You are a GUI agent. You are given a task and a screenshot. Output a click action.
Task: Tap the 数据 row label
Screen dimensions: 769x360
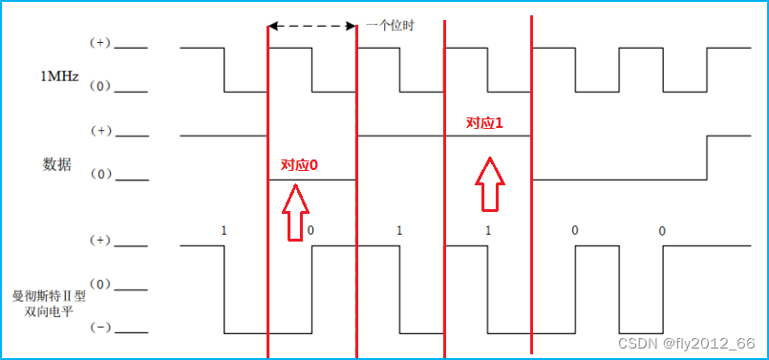pos(57,163)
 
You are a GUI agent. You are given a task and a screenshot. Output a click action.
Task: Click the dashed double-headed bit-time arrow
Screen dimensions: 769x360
pos(311,26)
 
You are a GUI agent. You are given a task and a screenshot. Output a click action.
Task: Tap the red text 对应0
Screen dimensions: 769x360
pos(299,165)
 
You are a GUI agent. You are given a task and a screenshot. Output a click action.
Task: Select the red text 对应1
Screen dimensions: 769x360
pos(483,123)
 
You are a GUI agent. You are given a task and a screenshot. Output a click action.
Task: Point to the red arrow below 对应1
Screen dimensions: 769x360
pos(489,181)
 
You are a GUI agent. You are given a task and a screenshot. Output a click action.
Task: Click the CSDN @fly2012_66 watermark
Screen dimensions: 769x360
pos(687,343)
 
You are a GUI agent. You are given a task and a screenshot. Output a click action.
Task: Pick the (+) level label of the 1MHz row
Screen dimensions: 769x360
pos(99,44)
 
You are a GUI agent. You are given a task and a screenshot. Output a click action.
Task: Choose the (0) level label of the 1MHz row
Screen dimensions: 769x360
pos(99,88)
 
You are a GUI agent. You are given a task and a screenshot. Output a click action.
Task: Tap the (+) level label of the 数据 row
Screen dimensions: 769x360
pos(99,131)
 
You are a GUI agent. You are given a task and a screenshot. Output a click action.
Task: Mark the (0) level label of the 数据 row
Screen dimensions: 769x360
pos(99,175)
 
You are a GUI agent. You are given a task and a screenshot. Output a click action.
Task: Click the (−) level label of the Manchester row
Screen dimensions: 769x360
pos(99,328)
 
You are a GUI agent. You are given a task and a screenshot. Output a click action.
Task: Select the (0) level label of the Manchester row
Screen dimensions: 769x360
pos(99,285)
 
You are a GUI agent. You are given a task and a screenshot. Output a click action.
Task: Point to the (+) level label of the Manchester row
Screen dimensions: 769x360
pos(99,241)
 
